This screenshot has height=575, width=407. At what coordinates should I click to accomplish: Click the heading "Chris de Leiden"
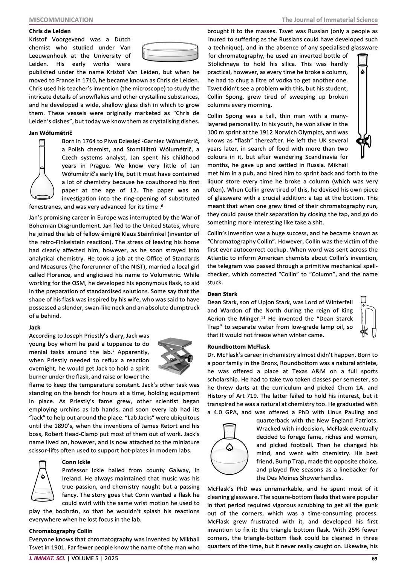point(50,31)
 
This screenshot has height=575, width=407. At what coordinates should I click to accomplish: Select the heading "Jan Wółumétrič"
point(50,133)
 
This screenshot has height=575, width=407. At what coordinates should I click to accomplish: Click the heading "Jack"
point(35,327)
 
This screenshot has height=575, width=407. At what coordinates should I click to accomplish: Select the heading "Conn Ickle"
point(76,462)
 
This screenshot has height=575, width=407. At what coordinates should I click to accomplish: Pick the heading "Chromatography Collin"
point(61,531)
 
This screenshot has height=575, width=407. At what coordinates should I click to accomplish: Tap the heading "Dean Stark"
point(222,294)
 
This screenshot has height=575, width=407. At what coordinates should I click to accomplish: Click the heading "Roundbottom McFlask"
point(239,346)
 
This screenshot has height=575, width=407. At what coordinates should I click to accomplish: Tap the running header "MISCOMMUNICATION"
point(61,20)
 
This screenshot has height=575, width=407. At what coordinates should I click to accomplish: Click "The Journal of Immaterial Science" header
point(329,20)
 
